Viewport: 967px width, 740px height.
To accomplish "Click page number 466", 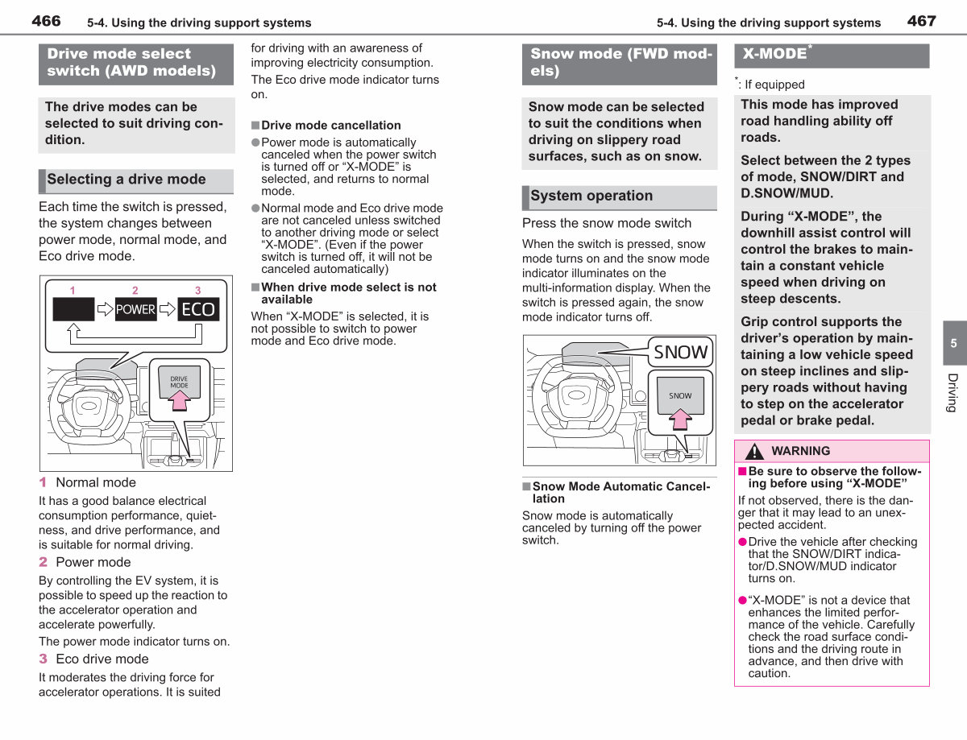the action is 46,21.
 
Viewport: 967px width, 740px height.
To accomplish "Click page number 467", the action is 922,21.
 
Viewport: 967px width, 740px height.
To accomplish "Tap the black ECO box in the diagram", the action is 198,309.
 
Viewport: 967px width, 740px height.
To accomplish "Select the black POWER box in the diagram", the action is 135,309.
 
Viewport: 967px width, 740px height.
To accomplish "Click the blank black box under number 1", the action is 73,309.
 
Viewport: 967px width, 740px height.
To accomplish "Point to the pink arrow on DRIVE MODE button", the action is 180,399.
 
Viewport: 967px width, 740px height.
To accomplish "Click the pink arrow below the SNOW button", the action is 680,419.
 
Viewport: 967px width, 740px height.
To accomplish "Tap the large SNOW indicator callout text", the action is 680,352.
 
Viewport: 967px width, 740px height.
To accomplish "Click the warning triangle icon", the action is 755,451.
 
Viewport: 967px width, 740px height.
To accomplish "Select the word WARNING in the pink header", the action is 800,451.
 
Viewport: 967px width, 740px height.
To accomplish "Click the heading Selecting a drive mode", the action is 127,179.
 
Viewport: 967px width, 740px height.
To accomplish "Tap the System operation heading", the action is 591,196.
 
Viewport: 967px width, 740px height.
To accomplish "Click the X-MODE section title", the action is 774,54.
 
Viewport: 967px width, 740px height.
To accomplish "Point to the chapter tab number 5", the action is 953,343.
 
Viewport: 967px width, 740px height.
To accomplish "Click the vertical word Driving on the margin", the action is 952,393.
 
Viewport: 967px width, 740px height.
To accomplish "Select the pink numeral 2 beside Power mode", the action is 43,562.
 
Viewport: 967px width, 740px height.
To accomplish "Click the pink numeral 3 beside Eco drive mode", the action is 43,659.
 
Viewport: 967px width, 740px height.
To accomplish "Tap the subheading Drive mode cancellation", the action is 330,126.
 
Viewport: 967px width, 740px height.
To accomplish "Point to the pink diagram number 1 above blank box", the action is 73,291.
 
